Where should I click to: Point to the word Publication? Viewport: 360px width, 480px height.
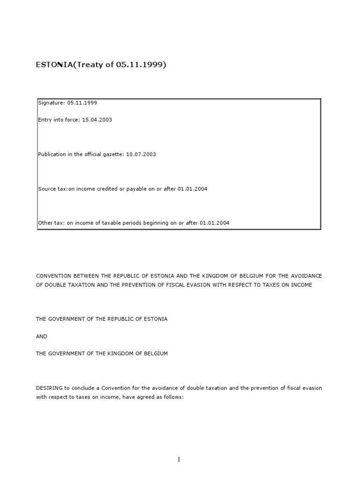click(x=52, y=154)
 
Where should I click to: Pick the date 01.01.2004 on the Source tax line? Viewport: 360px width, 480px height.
click(x=192, y=189)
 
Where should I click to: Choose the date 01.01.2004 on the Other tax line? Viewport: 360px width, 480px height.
click(x=214, y=223)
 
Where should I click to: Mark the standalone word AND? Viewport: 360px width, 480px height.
click(x=42, y=336)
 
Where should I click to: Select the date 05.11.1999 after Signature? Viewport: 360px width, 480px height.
click(x=82, y=103)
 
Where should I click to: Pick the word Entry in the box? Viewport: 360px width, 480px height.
click(x=45, y=120)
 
